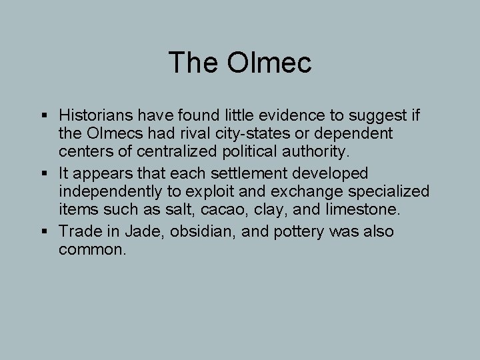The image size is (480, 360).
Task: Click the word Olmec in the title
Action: point(269,63)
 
